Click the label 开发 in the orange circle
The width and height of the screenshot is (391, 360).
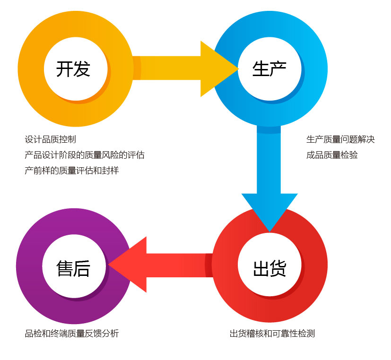pos(73,69)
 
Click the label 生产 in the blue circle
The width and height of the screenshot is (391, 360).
pos(269,69)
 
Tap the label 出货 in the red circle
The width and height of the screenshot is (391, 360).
pos(269,268)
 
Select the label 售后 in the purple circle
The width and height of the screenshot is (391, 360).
pos(73,268)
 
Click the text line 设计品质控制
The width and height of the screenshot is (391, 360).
pos(50,139)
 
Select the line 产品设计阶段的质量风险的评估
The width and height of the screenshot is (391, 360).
pos(85,155)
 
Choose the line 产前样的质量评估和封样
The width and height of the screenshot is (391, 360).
pos(71,171)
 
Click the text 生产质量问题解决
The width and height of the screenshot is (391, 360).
pos(340,139)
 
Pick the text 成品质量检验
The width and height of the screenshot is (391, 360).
pos(332,155)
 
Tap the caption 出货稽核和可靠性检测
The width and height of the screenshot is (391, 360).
pos(272,334)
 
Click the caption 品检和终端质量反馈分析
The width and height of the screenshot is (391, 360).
pos(71,334)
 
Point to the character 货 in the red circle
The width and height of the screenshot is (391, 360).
pos(278,268)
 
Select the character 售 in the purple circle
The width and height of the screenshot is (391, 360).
pos(64,268)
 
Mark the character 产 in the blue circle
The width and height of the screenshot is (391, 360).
pos(278,69)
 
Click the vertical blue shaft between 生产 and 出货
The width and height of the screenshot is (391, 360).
pos(269,161)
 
